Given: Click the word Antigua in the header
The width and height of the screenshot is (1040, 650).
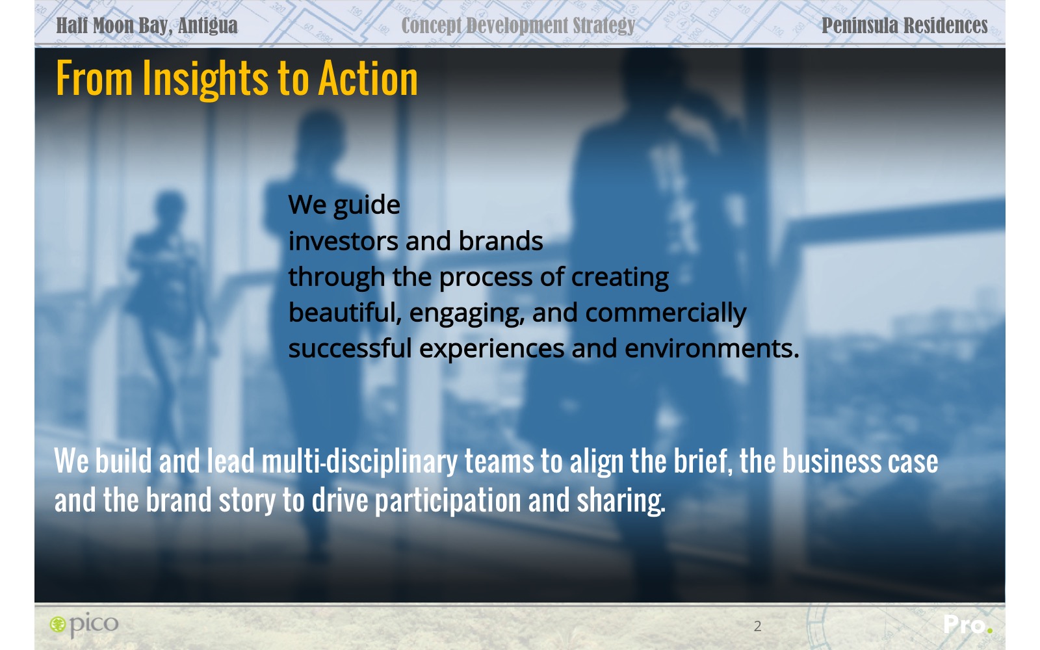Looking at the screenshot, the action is point(207,25).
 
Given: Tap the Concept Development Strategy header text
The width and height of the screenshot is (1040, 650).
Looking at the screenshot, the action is point(518,26).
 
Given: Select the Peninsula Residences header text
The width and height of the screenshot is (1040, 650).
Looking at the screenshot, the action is point(904,25).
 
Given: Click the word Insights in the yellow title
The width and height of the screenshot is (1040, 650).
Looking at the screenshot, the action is point(205,79).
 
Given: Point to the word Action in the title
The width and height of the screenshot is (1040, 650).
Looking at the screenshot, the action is point(368,79).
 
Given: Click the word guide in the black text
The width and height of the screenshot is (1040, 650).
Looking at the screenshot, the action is point(367,205).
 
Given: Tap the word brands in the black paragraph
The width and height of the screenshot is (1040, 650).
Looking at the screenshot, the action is point(500,241).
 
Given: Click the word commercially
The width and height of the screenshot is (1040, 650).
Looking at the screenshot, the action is point(666,313).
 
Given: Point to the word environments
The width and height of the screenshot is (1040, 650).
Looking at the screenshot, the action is point(712,348).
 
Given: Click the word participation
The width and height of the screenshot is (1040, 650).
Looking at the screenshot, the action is point(448,501).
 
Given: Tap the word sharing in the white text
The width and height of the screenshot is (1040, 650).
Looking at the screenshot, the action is point(621,501).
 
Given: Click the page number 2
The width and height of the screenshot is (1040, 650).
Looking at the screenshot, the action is point(758,627).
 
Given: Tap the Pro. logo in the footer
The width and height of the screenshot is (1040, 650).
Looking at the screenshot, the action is point(968,625).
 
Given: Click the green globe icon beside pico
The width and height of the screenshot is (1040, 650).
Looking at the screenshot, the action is point(58,625).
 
